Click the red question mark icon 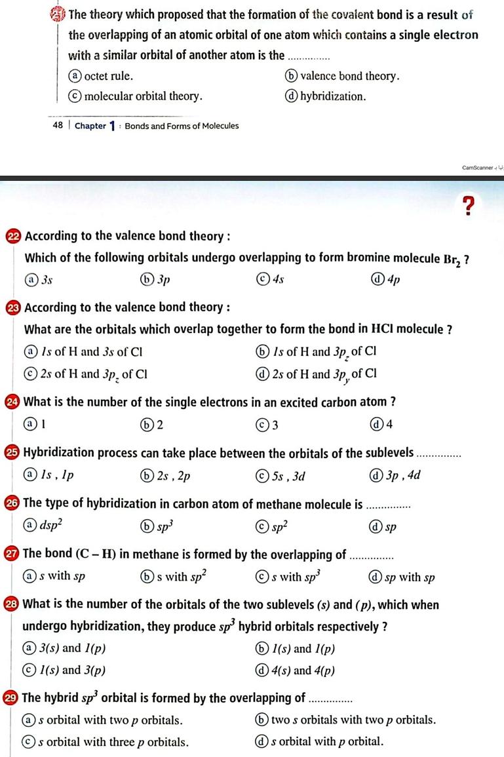[x=467, y=205]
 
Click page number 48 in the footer [x=58, y=126]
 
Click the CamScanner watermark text [x=475, y=168]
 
